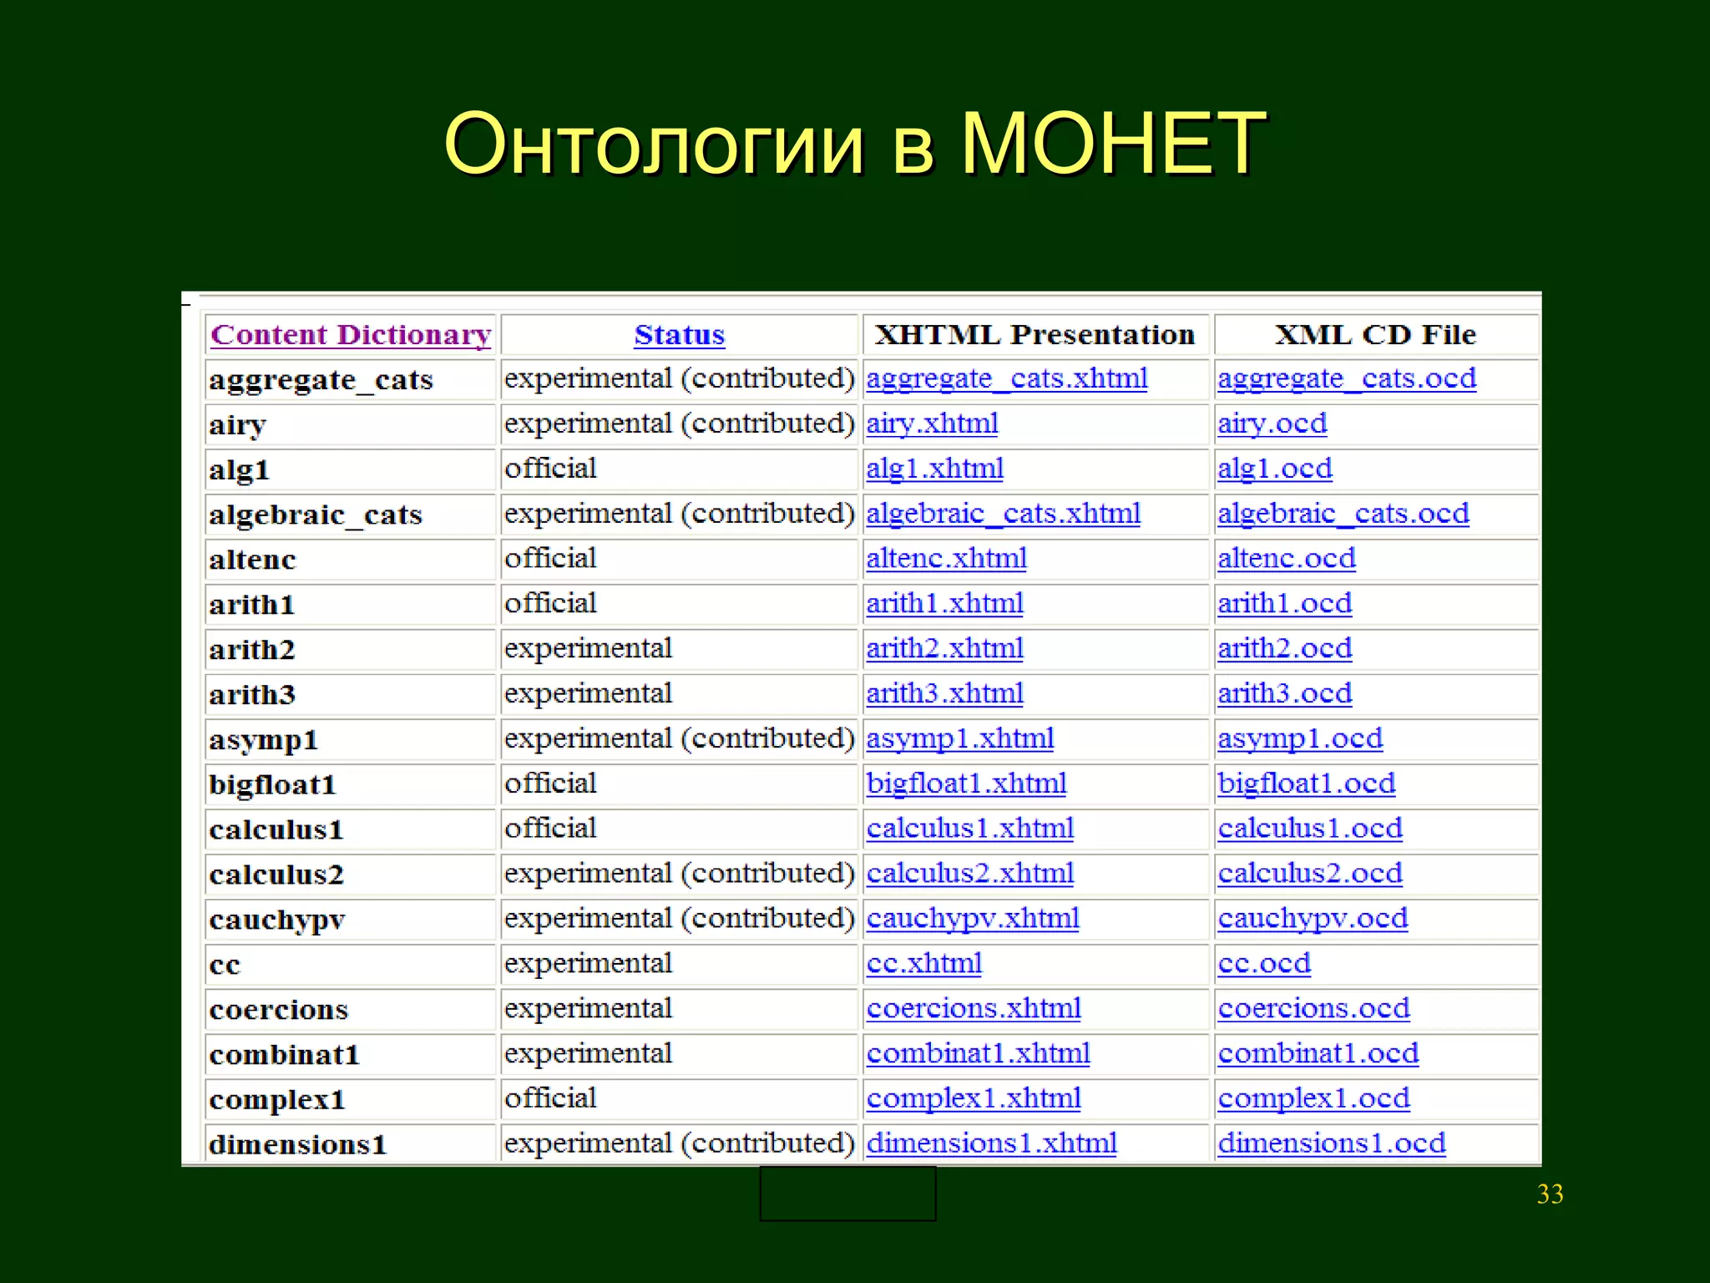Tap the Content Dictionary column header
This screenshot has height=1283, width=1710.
351,335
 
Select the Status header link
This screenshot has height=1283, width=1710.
679,335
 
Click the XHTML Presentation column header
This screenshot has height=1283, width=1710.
1035,335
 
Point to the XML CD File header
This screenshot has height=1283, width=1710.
1375,335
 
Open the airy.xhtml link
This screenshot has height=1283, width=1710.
932,423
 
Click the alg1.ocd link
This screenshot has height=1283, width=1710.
1274,469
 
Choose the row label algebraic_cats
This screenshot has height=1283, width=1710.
316,515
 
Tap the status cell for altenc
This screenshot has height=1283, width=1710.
550,558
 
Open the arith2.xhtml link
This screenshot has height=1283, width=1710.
944,648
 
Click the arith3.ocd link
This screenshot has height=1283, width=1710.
1284,693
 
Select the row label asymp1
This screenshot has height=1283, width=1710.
263,740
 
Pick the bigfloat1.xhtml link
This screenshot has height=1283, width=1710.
966,783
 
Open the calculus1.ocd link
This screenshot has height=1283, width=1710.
1309,829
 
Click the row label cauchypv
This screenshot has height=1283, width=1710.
277,920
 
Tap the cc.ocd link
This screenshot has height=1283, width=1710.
1264,964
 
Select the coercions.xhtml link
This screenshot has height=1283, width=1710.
974,1009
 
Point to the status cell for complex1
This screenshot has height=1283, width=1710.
550,1098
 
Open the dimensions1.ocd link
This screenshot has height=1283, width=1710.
1331,1144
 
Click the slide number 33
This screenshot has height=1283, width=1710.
1550,1194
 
